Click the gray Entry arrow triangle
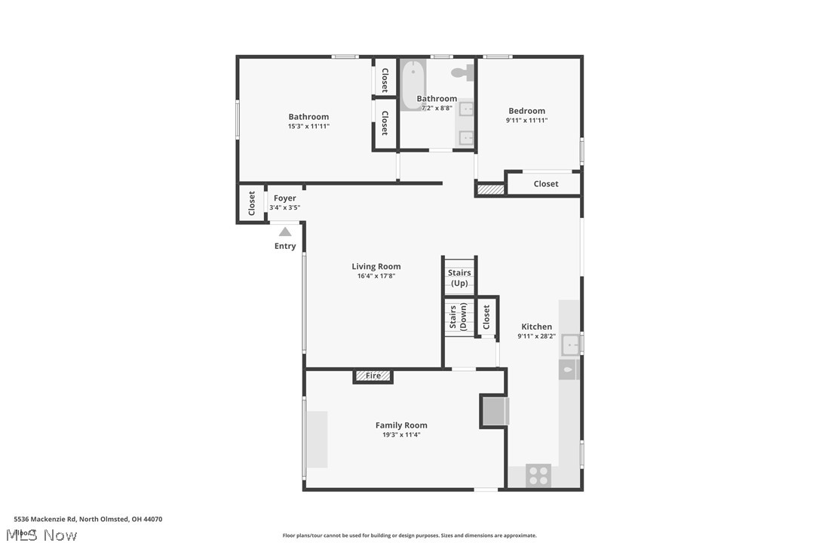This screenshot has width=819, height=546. (x=285, y=232)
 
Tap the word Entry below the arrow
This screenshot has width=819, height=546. (x=285, y=247)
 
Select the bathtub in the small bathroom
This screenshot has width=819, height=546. (x=413, y=85)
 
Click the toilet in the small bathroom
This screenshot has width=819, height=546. (x=461, y=72)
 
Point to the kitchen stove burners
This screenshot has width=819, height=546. (x=538, y=475)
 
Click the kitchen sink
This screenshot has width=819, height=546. (x=571, y=345)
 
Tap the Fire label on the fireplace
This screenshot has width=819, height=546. (x=373, y=376)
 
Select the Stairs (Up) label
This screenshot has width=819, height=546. (x=459, y=278)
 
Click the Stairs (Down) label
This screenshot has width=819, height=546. (x=457, y=317)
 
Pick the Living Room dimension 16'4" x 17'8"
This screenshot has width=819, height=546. (x=376, y=276)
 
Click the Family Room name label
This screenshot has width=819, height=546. (x=401, y=425)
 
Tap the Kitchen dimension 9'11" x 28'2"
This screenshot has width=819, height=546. (x=536, y=336)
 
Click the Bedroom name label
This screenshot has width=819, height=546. (x=526, y=111)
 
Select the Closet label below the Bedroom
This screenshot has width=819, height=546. (x=546, y=184)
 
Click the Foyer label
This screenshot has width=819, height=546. (x=285, y=198)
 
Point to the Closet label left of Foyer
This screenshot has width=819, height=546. (x=252, y=203)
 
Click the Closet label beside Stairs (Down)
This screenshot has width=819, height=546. (x=486, y=316)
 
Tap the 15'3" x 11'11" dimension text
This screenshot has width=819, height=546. (x=308, y=126)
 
